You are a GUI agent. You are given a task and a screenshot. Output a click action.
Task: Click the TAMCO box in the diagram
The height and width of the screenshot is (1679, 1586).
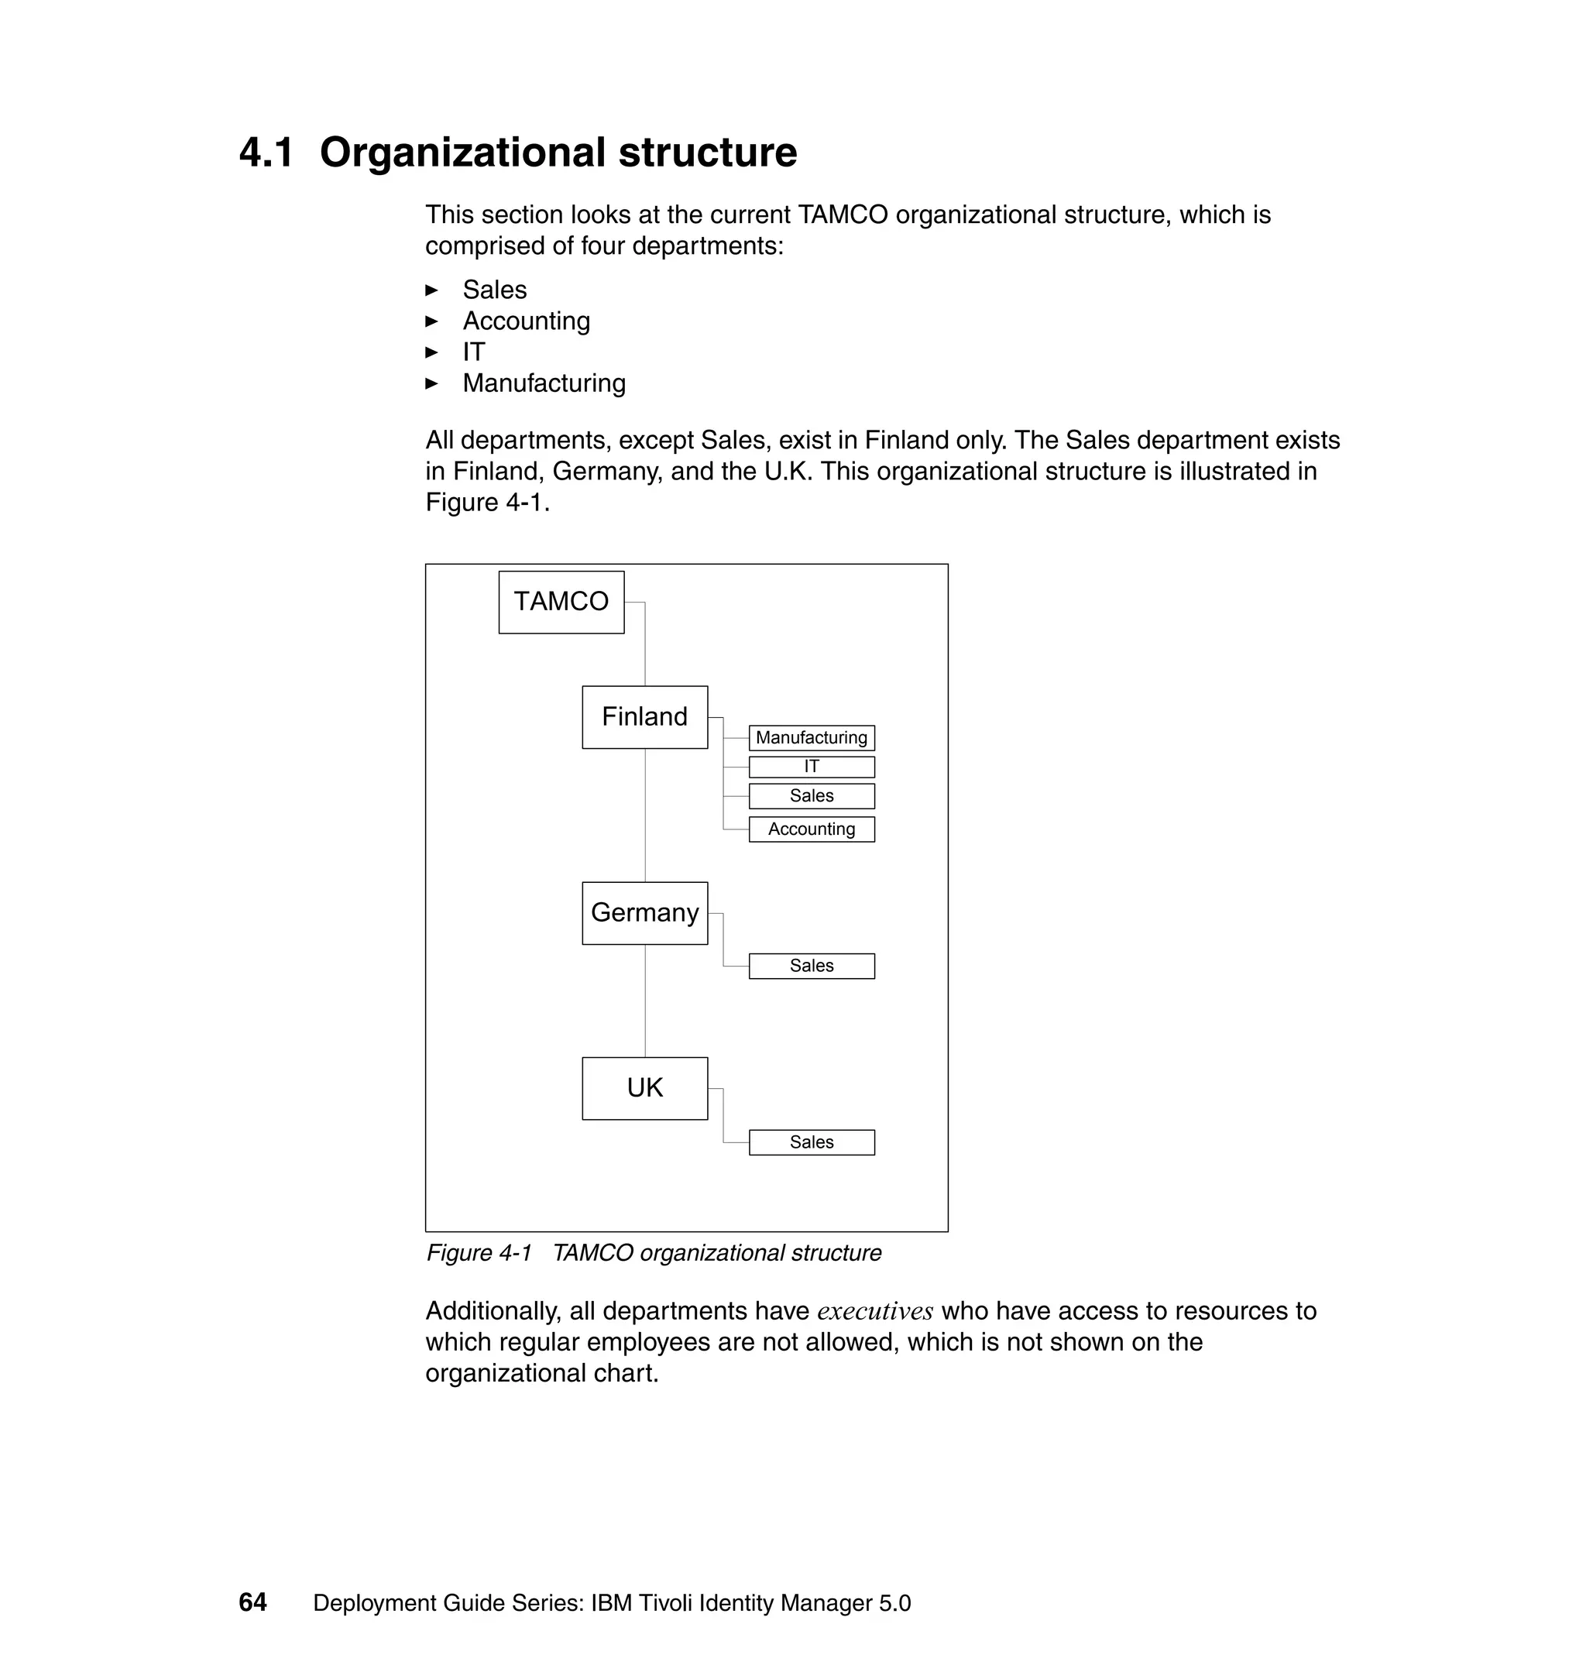click(561, 602)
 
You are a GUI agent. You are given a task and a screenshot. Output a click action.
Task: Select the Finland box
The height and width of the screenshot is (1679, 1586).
click(644, 717)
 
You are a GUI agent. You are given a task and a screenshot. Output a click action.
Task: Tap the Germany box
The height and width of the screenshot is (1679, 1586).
click(644, 913)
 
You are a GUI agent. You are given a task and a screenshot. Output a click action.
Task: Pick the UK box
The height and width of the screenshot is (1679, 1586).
click(644, 1088)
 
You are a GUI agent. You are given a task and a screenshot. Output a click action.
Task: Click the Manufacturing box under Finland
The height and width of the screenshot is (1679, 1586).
click(811, 738)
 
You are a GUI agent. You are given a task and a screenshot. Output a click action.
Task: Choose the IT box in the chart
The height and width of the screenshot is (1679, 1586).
click(811, 767)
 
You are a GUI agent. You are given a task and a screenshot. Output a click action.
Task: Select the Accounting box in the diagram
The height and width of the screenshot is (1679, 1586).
click(811, 829)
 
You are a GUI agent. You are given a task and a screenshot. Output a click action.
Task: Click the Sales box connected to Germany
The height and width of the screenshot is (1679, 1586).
click(811, 967)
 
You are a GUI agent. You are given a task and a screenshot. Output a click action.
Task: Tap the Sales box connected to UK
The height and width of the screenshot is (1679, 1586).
click(811, 1142)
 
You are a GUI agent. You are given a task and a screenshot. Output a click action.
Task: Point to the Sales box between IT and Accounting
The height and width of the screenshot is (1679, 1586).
click(811, 796)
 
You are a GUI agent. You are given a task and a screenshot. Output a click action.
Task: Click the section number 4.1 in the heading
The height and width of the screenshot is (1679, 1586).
click(266, 154)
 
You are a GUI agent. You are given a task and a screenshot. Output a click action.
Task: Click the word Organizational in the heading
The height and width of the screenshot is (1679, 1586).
click(462, 154)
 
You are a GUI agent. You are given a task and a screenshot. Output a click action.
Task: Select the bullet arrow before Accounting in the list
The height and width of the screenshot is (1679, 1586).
click(432, 321)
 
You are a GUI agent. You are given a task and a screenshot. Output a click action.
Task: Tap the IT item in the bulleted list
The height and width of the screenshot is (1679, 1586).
click(473, 352)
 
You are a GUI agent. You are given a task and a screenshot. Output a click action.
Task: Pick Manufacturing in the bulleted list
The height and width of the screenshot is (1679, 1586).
click(544, 384)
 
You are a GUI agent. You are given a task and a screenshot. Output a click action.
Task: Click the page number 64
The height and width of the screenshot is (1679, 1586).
click(252, 1602)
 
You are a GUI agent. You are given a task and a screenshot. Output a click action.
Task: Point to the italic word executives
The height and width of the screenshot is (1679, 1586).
click(874, 1311)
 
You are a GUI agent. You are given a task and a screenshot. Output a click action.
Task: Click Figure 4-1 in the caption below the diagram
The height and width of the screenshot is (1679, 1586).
click(479, 1253)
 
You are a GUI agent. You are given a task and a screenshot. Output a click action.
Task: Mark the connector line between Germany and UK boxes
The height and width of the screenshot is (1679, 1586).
click(645, 1001)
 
